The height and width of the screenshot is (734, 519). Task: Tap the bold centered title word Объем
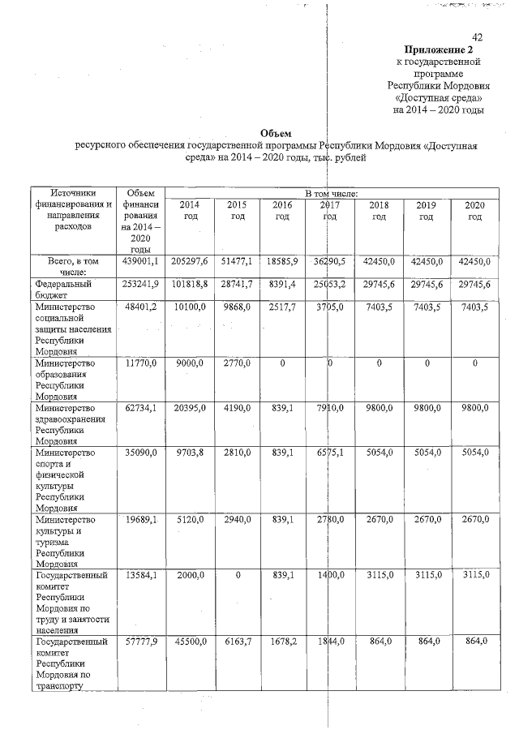[275, 133]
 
